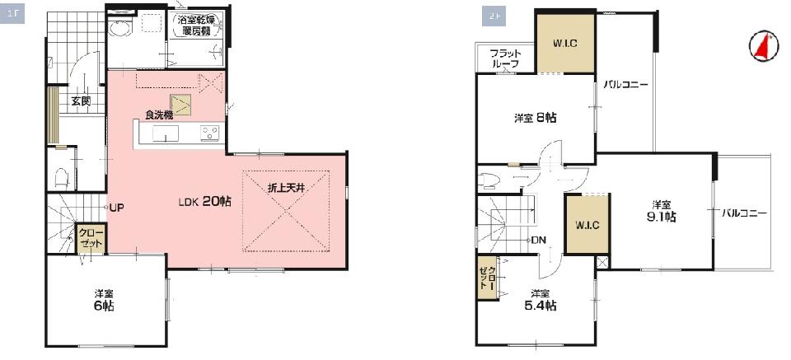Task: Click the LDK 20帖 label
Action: point(205,202)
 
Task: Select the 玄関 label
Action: point(81,101)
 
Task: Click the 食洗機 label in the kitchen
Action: point(159,115)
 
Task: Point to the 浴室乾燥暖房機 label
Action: point(196,26)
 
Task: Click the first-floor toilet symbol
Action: point(61,177)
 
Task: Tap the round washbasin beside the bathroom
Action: point(119,27)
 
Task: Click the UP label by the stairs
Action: point(116,208)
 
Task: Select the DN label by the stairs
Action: point(539,240)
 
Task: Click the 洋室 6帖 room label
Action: point(104,300)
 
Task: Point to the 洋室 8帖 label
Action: point(536,118)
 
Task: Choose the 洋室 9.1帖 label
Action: point(662,211)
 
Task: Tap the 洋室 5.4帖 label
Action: point(543,300)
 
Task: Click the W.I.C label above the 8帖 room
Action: point(565,44)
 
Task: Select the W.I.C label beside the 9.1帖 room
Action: point(587,226)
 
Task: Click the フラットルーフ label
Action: point(505,58)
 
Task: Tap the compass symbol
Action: point(764,47)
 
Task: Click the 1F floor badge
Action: point(12,14)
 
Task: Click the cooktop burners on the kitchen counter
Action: point(209,133)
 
